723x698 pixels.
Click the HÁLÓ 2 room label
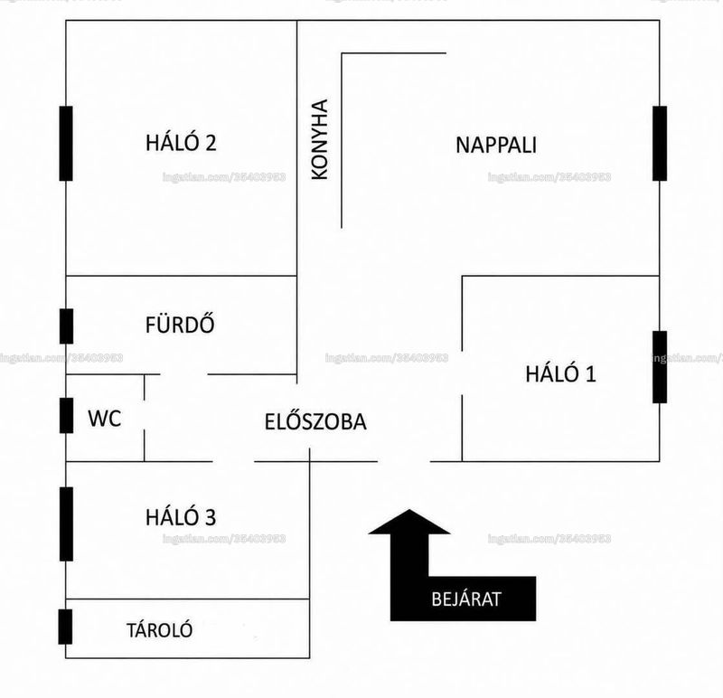coord(181,142)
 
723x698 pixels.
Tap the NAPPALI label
coord(496,145)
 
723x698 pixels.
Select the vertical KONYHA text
coord(320,139)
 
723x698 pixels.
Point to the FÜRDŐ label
coord(180,324)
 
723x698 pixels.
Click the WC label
coord(105,419)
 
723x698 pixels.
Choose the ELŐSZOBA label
coord(315,420)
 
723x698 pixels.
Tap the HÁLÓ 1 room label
coord(560,373)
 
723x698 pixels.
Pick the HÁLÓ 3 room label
coord(181,516)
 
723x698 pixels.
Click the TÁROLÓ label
coord(160,629)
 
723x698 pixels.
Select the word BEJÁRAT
coord(466,599)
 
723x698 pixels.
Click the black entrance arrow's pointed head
coord(409,510)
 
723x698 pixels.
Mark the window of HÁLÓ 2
coord(66,144)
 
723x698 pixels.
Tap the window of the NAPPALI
coord(660,144)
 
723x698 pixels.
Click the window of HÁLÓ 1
coord(660,367)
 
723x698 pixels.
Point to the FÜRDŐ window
coord(66,326)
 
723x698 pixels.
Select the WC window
coord(66,416)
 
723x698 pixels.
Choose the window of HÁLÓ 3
coord(66,524)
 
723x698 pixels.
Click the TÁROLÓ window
coord(65,627)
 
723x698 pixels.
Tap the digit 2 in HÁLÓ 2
coord(211,143)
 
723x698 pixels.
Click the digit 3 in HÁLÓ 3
coord(211,517)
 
